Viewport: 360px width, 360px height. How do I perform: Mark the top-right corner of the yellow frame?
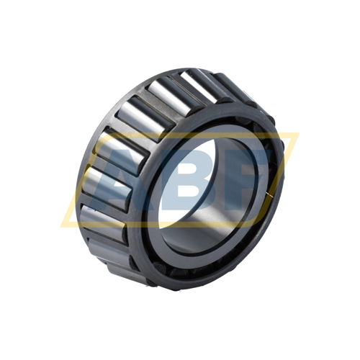pos(297,134)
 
